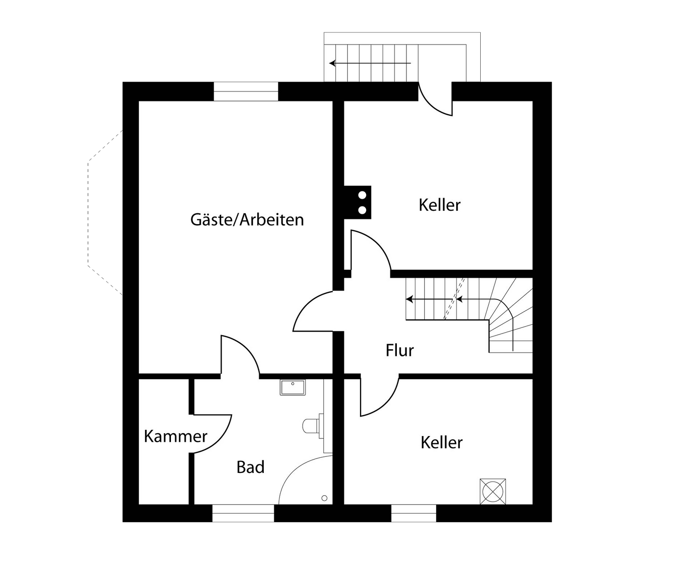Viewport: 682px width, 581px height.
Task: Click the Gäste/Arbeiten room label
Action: click(x=247, y=220)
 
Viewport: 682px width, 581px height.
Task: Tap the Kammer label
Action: click(x=175, y=436)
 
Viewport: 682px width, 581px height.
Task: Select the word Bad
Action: click(x=250, y=467)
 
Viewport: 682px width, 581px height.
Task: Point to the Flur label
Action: click(x=399, y=351)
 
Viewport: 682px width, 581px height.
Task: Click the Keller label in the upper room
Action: click(x=439, y=205)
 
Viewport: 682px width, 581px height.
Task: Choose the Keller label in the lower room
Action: click(x=441, y=443)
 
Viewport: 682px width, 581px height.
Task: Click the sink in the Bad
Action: click(x=293, y=387)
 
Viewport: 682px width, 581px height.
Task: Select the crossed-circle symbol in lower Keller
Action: click(x=493, y=491)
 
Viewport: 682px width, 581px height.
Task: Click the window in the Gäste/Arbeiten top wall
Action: click(x=245, y=91)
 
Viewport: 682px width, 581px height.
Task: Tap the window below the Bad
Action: click(x=243, y=513)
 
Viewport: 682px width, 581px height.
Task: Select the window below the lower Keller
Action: click(x=413, y=513)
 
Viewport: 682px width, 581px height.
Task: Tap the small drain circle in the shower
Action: click(x=324, y=498)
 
